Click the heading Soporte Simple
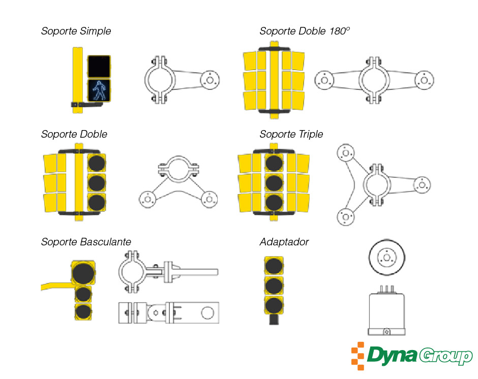pyautogui.click(x=76, y=31)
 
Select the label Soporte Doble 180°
pyautogui.click(x=305, y=31)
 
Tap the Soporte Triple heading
pyautogui.click(x=291, y=135)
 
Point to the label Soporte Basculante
pyautogui.click(x=86, y=242)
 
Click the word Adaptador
pyautogui.click(x=284, y=242)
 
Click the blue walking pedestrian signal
pyautogui.click(x=98, y=90)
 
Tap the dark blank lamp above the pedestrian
pyautogui.click(x=98, y=66)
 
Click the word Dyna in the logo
pyautogui.click(x=392, y=356)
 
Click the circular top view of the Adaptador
pyautogui.click(x=386, y=258)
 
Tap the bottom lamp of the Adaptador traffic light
pyautogui.click(x=274, y=305)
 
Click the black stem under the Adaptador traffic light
pyautogui.click(x=274, y=320)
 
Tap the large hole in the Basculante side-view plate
pyautogui.click(x=207, y=313)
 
